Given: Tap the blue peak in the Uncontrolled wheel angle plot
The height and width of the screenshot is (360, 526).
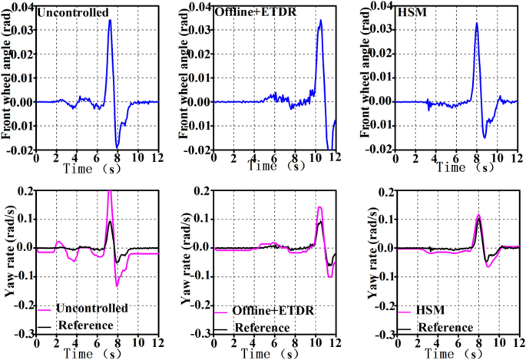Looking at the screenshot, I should (111, 21).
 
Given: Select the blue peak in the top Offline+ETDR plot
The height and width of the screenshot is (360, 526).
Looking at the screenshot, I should (320, 21).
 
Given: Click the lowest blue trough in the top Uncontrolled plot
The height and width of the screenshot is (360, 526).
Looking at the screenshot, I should (117, 146).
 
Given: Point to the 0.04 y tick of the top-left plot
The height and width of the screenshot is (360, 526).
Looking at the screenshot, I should (23, 7).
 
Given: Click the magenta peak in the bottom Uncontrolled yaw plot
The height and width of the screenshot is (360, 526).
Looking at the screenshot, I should (110, 193).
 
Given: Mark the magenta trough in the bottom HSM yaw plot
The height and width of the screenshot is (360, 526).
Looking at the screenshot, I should (488, 266).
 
